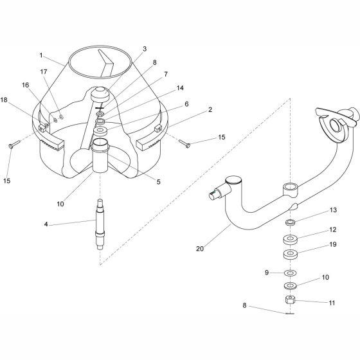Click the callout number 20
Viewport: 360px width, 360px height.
pyautogui.click(x=200, y=249)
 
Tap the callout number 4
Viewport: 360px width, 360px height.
pyautogui.click(x=46, y=224)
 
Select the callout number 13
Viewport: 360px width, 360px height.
pyautogui.click(x=333, y=210)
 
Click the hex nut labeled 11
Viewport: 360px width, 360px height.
pyautogui.click(x=290, y=300)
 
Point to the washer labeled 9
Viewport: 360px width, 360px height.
pyautogui.click(x=290, y=273)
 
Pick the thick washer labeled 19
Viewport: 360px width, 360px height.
pyautogui.click(x=290, y=255)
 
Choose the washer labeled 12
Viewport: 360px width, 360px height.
pyautogui.click(x=290, y=239)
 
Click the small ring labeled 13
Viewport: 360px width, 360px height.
pyautogui.click(x=290, y=222)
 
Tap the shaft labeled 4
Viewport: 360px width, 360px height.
pyautogui.click(x=100, y=224)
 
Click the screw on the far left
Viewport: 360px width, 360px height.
pyautogui.click(x=14, y=144)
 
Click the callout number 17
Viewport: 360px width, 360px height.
pyautogui.click(x=44, y=72)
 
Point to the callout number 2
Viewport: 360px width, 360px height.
pyautogui.click(x=210, y=110)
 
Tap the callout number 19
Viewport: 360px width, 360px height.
pyautogui.click(x=333, y=244)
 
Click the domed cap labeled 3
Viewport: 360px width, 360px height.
pyautogui.click(x=100, y=94)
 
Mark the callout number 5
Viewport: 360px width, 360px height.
pyautogui.click(x=158, y=181)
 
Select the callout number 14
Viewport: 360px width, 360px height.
pyautogui.click(x=180, y=88)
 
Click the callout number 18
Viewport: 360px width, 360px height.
pyautogui.click(x=4, y=100)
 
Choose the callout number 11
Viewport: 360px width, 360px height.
pyautogui.click(x=332, y=303)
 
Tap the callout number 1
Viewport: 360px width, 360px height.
pyautogui.click(x=41, y=55)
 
